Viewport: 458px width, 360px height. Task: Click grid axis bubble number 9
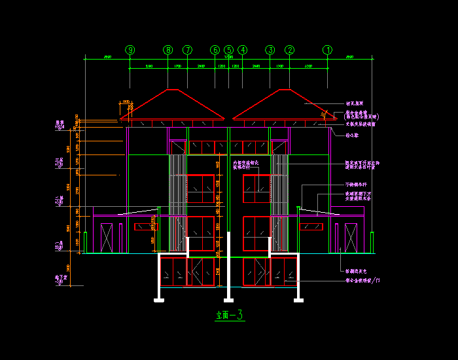click(x=130, y=50)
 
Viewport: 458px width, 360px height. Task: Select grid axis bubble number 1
click(x=328, y=50)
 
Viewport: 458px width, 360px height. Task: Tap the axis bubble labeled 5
click(x=228, y=50)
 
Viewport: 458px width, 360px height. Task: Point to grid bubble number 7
click(x=188, y=50)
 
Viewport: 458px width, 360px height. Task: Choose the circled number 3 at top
click(x=270, y=50)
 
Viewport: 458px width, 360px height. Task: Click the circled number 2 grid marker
click(x=290, y=50)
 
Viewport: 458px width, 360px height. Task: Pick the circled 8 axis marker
click(x=168, y=50)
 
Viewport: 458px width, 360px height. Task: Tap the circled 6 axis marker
click(x=215, y=50)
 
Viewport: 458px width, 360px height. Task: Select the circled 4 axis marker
click(x=243, y=50)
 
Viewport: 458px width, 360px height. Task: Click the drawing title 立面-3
click(x=230, y=315)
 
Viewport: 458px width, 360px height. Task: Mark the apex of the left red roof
click(x=169, y=90)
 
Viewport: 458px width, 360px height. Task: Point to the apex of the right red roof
click(x=289, y=90)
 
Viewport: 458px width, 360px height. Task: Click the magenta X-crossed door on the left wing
click(x=107, y=238)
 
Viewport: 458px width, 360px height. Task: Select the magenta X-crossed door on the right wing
click(x=351, y=238)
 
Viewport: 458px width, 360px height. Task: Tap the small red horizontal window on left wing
click(x=146, y=226)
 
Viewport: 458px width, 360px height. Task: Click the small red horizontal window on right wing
click(x=311, y=226)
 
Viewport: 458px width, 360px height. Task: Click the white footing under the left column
click(x=158, y=300)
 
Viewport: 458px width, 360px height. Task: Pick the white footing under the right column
click(x=298, y=300)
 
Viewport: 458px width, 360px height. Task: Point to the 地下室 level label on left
click(x=61, y=279)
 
